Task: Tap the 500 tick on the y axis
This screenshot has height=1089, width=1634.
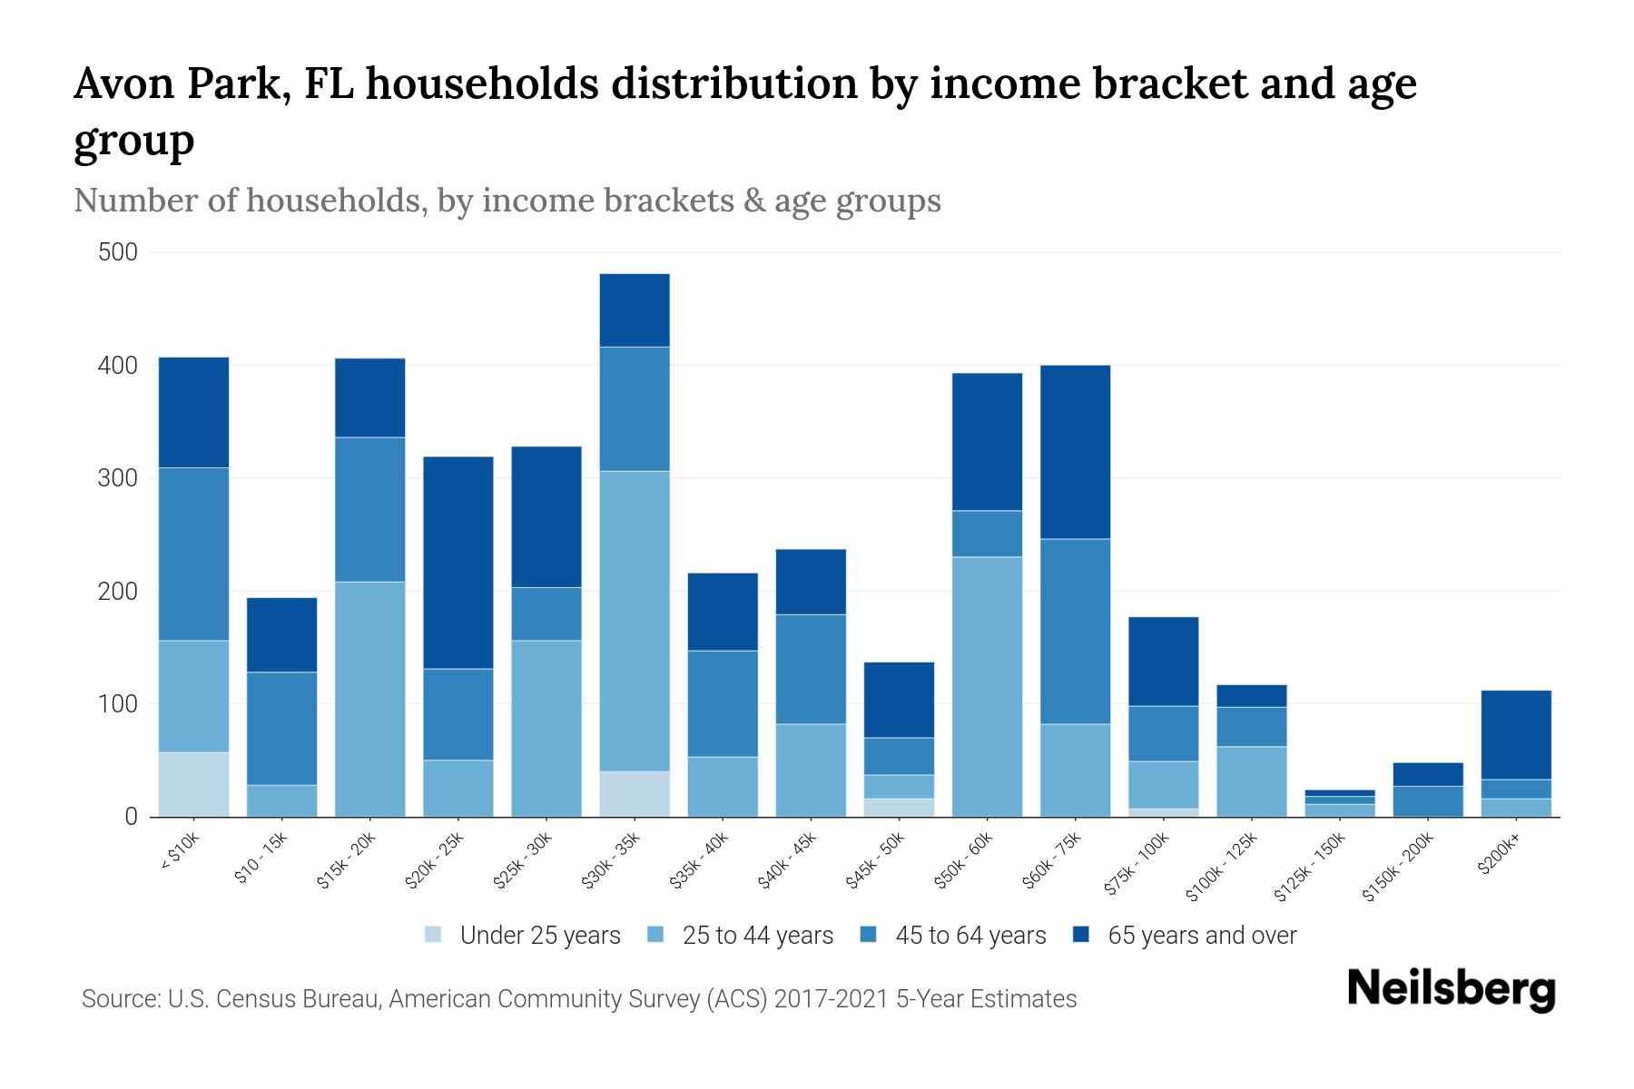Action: (118, 252)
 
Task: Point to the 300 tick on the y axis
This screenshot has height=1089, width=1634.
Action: (118, 478)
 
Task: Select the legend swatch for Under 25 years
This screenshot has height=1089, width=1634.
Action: (434, 935)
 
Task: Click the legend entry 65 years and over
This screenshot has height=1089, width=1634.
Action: (1201, 936)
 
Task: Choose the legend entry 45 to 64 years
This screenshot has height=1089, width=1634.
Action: (970, 936)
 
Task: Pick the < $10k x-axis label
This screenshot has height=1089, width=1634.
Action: (180, 852)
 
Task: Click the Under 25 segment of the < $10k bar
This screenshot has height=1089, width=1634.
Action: (193, 785)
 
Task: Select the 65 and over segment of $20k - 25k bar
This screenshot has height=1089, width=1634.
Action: (458, 563)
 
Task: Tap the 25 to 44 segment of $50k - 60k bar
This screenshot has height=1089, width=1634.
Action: (987, 687)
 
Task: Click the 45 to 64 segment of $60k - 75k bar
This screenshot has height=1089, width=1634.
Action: (1075, 632)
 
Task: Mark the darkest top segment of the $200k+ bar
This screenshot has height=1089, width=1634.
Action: (1516, 735)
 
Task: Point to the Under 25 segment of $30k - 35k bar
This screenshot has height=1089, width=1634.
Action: (635, 794)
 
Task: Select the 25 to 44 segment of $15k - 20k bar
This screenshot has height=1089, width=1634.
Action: (370, 699)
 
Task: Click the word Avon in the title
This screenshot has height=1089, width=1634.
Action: (120, 83)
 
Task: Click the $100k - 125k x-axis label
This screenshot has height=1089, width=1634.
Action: (1222, 867)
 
